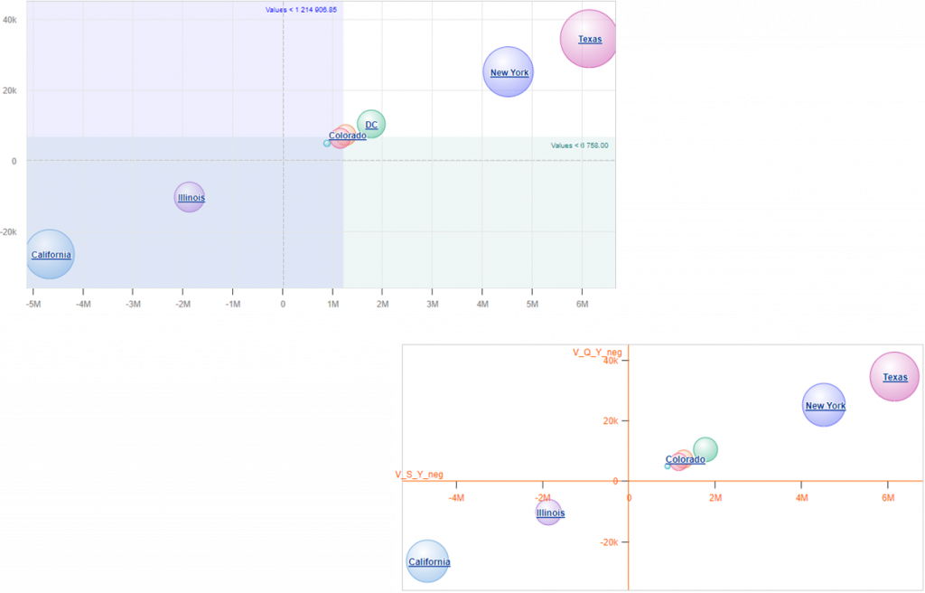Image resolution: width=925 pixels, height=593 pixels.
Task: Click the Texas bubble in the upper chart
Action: tap(589, 39)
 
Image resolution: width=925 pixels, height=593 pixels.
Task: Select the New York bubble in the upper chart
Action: tap(508, 72)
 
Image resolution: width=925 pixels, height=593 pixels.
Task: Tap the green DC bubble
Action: tap(371, 124)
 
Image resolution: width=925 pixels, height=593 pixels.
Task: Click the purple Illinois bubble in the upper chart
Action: tap(190, 197)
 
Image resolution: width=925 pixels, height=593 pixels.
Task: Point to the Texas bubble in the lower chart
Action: tap(894, 377)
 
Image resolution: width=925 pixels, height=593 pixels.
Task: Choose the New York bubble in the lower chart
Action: tap(824, 406)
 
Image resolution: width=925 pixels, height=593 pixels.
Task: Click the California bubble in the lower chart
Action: tap(427, 561)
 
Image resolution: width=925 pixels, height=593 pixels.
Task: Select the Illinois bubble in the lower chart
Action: tap(549, 513)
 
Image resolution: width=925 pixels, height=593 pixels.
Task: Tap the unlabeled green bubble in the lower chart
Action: tap(705, 448)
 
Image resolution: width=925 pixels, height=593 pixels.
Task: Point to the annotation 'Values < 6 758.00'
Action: tap(579, 145)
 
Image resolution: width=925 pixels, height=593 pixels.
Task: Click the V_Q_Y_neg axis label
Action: tap(597, 352)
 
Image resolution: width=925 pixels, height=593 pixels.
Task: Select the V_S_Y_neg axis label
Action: tap(419, 475)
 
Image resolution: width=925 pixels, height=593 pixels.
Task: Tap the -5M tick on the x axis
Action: tap(33, 304)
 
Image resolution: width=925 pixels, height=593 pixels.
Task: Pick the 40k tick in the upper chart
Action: tap(10, 19)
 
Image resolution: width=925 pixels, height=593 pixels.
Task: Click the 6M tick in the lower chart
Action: tap(887, 498)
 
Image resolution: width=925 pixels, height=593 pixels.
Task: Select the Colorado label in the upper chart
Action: tap(348, 136)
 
